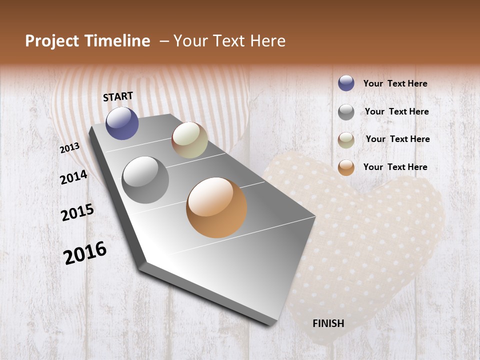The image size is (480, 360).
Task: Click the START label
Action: point(118,96)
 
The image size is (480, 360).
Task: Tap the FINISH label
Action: point(328,323)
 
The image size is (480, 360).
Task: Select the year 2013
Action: point(70,147)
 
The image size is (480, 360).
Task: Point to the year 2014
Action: point(73,177)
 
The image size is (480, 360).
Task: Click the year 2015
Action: point(77,212)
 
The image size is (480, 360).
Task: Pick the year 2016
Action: point(85,252)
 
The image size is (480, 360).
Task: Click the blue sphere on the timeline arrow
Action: point(122,123)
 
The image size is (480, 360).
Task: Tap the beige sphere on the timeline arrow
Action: point(189,140)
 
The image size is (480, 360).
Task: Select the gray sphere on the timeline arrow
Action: point(145,180)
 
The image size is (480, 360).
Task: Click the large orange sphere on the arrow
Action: point(216,207)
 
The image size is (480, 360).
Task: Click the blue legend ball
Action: point(346,83)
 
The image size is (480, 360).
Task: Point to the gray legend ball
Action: point(346,112)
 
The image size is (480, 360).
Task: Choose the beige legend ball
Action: point(346,140)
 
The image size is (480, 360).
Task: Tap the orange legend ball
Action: point(346,167)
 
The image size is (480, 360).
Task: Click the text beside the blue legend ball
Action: point(395,83)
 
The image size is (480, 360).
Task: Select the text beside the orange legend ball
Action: point(395,167)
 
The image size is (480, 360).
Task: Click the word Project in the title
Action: point(51,41)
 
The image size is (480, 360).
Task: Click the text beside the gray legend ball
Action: point(396,111)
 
